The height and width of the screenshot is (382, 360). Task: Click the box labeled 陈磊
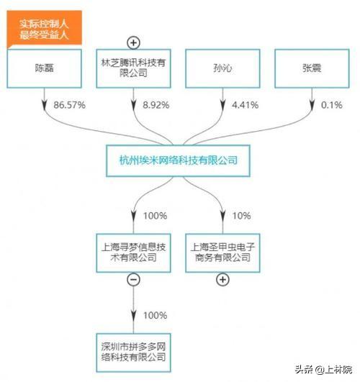point(44,68)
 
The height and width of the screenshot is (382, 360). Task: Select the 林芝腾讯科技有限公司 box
point(133,68)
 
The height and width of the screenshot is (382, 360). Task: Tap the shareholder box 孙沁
point(222,68)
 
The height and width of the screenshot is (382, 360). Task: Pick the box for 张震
point(312,68)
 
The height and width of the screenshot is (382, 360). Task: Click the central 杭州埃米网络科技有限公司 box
point(178,161)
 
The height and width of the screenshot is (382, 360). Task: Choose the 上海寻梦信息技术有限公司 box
point(133,253)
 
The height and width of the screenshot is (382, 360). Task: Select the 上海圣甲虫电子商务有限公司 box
point(222,253)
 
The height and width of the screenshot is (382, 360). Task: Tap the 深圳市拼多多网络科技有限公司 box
point(133,353)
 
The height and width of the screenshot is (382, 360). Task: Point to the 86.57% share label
point(70,105)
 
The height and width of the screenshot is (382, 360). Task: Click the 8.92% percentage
point(156,105)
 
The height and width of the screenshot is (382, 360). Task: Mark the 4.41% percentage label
point(245,105)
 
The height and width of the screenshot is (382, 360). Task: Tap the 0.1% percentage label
point(332,105)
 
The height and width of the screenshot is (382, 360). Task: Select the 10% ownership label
point(241,216)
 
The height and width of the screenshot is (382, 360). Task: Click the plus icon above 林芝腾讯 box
point(133,43)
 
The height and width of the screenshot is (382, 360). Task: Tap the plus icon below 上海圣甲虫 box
point(222,279)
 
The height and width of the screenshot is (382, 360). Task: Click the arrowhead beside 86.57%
point(44,105)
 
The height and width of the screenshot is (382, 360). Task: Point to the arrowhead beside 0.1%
point(312,105)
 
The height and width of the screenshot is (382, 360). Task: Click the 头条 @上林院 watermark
point(323,369)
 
